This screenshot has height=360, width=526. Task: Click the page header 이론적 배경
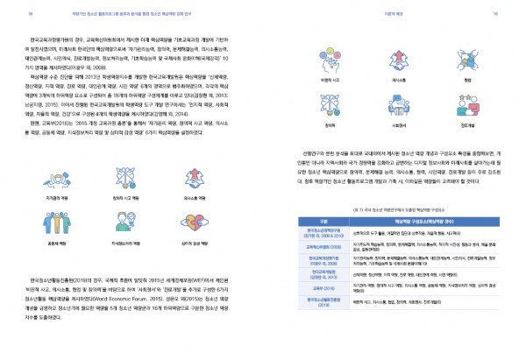(463, 15)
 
